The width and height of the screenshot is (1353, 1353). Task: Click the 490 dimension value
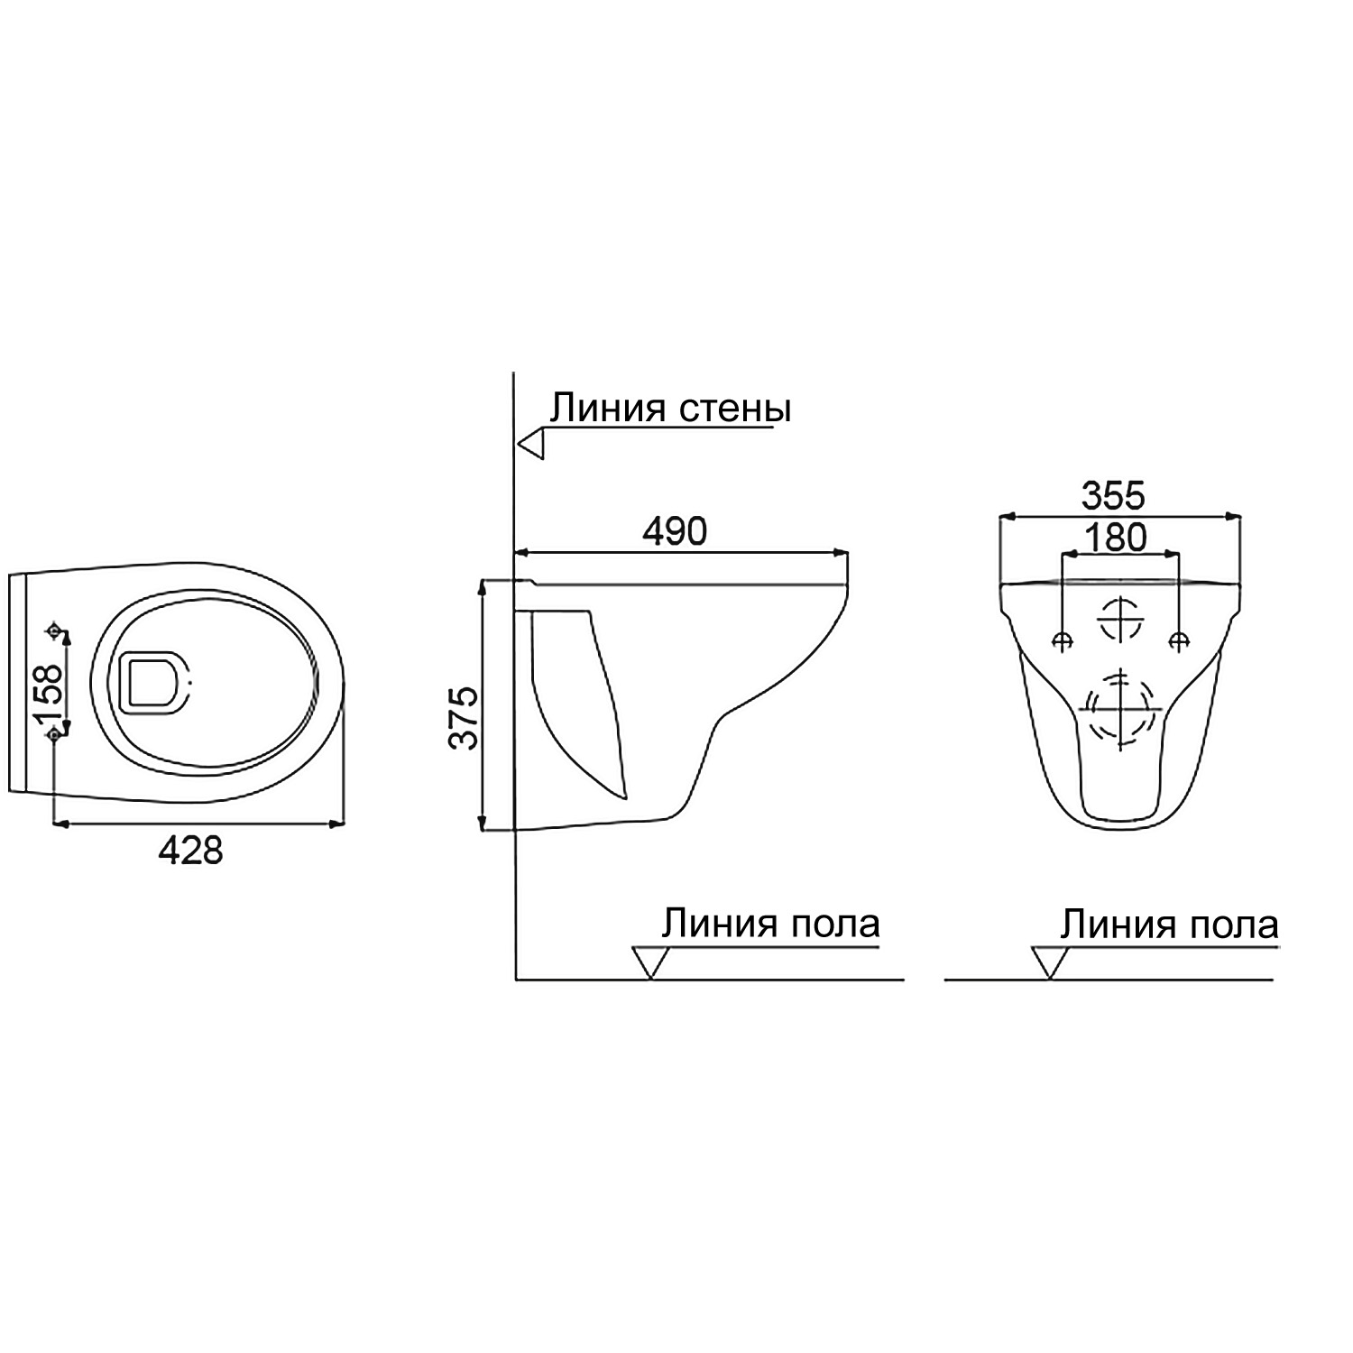[674, 531]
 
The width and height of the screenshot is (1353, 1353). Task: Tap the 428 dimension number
[190, 850]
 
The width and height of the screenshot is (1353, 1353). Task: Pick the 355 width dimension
[1113, 495]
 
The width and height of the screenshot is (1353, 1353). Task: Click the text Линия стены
[670, 409]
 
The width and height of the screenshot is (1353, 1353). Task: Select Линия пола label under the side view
[771, 924]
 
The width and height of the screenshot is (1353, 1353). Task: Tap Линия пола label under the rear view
[1169, 925]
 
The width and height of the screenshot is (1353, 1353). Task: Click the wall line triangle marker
[531, 445]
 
